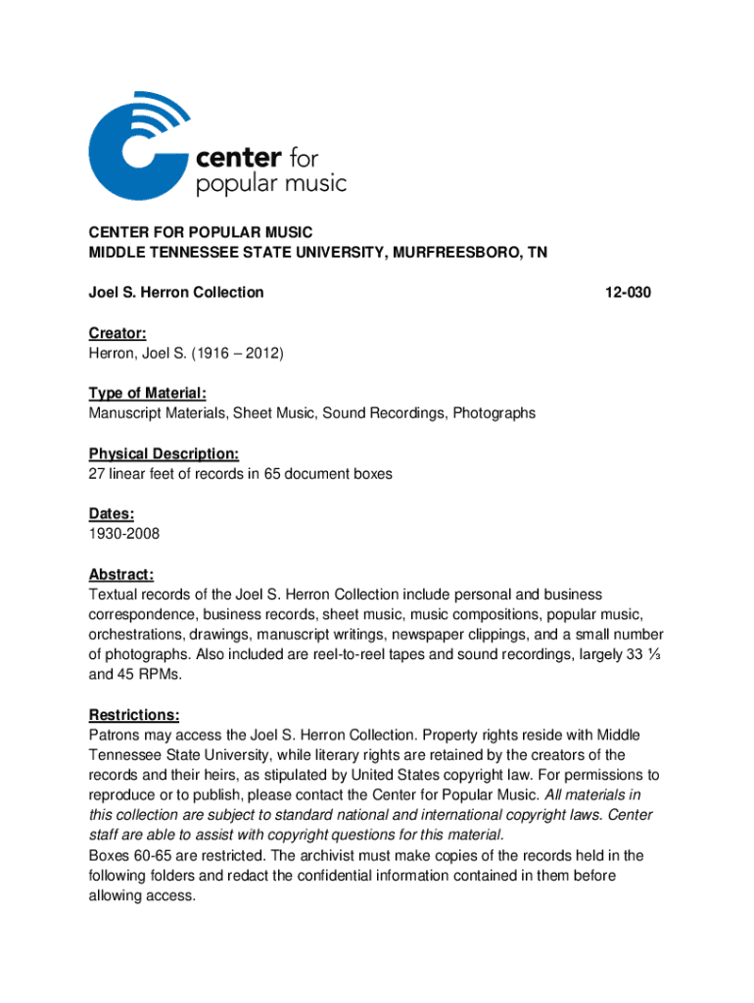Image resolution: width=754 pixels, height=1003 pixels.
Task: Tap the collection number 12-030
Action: tap(628, 292)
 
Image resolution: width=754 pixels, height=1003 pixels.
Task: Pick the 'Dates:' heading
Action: tap(111, 514)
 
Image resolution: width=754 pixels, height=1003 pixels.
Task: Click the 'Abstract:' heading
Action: tap(120, 575)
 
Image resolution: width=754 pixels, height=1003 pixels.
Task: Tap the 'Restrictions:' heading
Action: tap(133, 715)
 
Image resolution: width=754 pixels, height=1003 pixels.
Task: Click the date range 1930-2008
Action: tap(123, 534)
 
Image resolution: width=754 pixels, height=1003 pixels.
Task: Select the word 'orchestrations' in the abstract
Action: tap(133, 634)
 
